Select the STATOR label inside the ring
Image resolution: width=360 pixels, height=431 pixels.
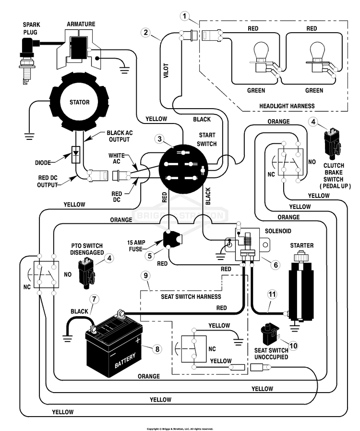pyautogui.click(x=79, y=102)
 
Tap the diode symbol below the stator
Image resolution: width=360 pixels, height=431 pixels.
pyautogui.click(x=76, y=155)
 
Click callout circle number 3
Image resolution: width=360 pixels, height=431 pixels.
pyautogui.click(x=159, y=139)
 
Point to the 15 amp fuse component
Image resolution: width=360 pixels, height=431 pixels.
pyautogui.click(x=172, y=239)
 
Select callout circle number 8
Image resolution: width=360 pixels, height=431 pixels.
pyautogui.click(x=157, y=349)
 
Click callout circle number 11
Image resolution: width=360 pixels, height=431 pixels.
pyautogui.click(x=272, y=295)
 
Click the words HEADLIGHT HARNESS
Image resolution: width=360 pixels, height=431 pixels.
pyautogui.click(x=287, y=106)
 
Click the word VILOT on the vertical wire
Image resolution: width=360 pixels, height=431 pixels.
pyautogui.click(x=166, y=71)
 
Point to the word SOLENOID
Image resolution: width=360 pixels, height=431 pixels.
pyautogui.click(x=278, y=231)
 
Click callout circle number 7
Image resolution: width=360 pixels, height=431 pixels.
pyautogui.click(x=94, y=299)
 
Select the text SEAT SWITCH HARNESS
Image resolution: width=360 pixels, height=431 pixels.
pyautogui.click(x=191, y=296)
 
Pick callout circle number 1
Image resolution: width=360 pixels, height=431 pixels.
pyautogui.click(x=184, y=16)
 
